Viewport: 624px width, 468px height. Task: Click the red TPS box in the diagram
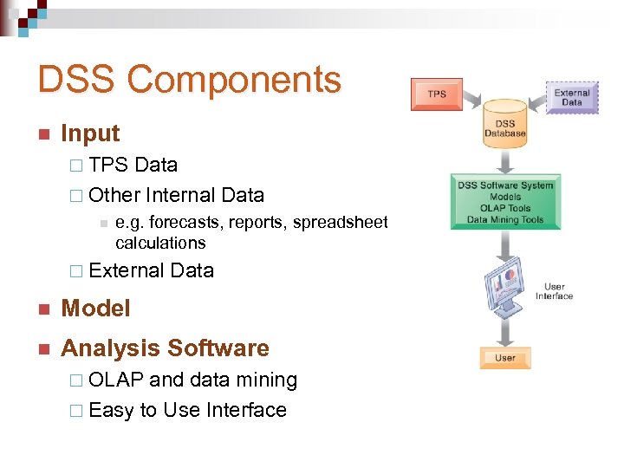[437, 94]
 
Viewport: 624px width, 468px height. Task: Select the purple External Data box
[571, 97]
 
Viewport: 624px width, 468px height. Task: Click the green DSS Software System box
[504, 203]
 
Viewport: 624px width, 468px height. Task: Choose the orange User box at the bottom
[504, 357]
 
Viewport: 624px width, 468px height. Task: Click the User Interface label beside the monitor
[554, 291]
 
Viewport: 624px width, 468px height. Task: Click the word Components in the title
[234, 80]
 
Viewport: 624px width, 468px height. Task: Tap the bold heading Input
[90, 133]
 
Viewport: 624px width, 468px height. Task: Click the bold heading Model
[95, 309]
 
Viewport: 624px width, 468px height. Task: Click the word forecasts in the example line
[187, 223]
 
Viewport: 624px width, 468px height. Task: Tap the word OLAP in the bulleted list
[116, 380]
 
